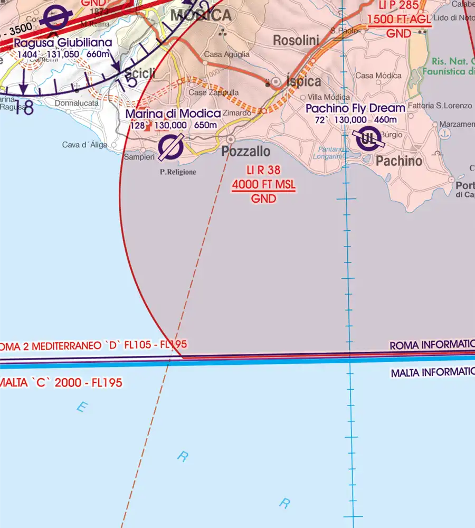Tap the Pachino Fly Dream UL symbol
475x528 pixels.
pos(366,139)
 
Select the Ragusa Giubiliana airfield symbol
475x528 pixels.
pos(56,18)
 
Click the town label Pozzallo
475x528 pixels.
pos(246,152)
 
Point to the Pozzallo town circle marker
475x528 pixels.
pos(230,139)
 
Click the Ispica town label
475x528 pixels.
pos(303,81)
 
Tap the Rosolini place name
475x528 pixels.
pos(296,40)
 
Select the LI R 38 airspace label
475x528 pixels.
pos(263,171)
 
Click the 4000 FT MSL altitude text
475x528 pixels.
pos(264,185)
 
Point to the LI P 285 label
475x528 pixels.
pos(399,6)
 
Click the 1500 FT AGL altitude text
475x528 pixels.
pos(400,20)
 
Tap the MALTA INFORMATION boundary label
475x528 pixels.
pos(432,373)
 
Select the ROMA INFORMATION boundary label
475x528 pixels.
pos(432,345)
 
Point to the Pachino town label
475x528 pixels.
pos(399,161)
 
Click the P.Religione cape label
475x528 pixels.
pos(178,172)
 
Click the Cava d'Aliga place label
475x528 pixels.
pos(84,145)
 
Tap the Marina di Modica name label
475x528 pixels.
pos(173,114)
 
